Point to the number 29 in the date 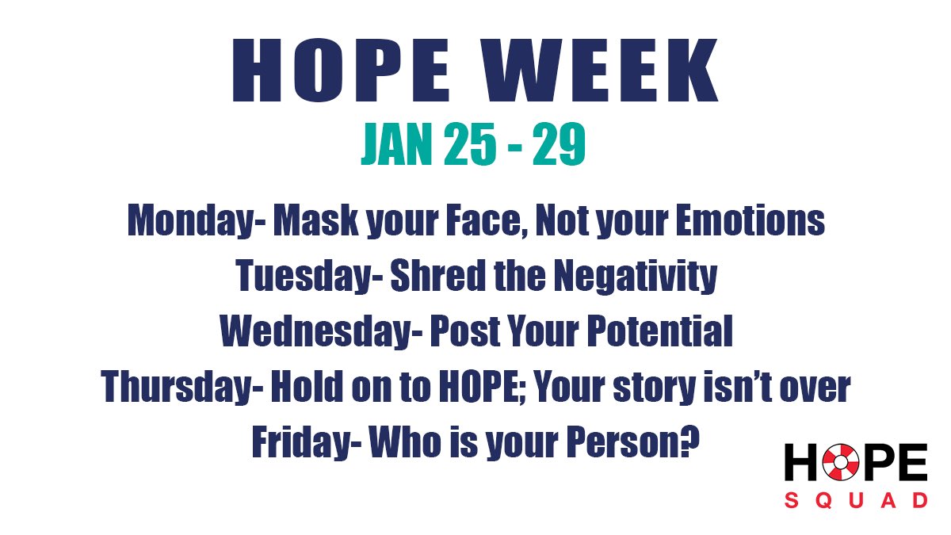coord(559,146)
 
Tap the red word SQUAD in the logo coord(856,500)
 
